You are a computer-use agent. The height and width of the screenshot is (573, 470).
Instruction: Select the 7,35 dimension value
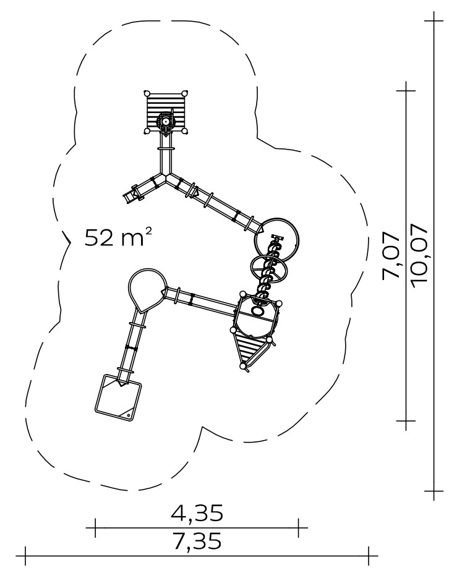point(197,541)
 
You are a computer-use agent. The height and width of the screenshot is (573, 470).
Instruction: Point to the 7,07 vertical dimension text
point(390,256)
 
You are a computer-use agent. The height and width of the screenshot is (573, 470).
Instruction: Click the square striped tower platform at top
point(166,112)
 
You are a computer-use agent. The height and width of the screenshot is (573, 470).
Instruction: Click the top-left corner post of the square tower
point(147,93)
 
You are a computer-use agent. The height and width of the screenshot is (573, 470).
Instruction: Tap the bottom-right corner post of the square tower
point(185,131)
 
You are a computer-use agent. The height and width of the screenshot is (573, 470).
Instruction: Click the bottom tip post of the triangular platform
point(242,366)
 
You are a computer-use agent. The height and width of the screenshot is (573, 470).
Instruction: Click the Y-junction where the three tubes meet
point(166,176)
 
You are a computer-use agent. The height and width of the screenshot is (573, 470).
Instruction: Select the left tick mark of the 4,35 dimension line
point(95,527)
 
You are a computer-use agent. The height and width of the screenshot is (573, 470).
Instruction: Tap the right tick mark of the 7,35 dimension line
point(369,556)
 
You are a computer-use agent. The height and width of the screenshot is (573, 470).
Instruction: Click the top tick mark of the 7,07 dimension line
point(406,90)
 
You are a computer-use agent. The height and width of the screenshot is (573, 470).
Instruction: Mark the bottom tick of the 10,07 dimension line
point(434,491)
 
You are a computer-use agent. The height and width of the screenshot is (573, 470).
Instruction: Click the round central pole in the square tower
point(165,121)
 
